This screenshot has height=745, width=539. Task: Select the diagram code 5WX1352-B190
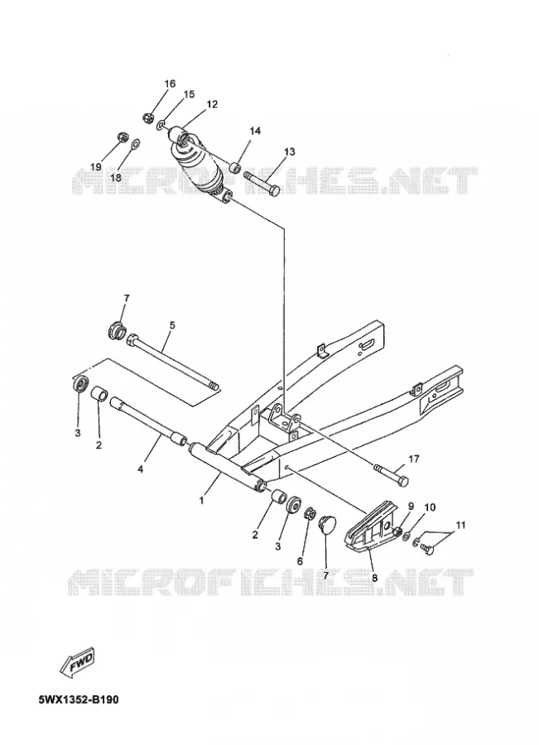[79, 699]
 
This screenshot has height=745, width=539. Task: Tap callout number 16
[170, 84]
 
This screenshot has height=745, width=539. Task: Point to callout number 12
[212, 104]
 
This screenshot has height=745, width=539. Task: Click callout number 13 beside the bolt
[290, 151]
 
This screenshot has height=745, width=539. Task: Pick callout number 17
[413, 459]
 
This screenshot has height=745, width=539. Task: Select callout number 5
[172, 325]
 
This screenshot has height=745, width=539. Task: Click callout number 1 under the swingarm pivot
[201, 500]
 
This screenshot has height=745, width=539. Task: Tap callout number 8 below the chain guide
[374, 579]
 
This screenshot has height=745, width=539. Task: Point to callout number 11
[460, 525]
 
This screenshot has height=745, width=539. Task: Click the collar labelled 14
[234, 168]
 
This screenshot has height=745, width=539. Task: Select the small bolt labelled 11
[427, 550]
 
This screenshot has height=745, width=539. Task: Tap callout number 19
[96, 166]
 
